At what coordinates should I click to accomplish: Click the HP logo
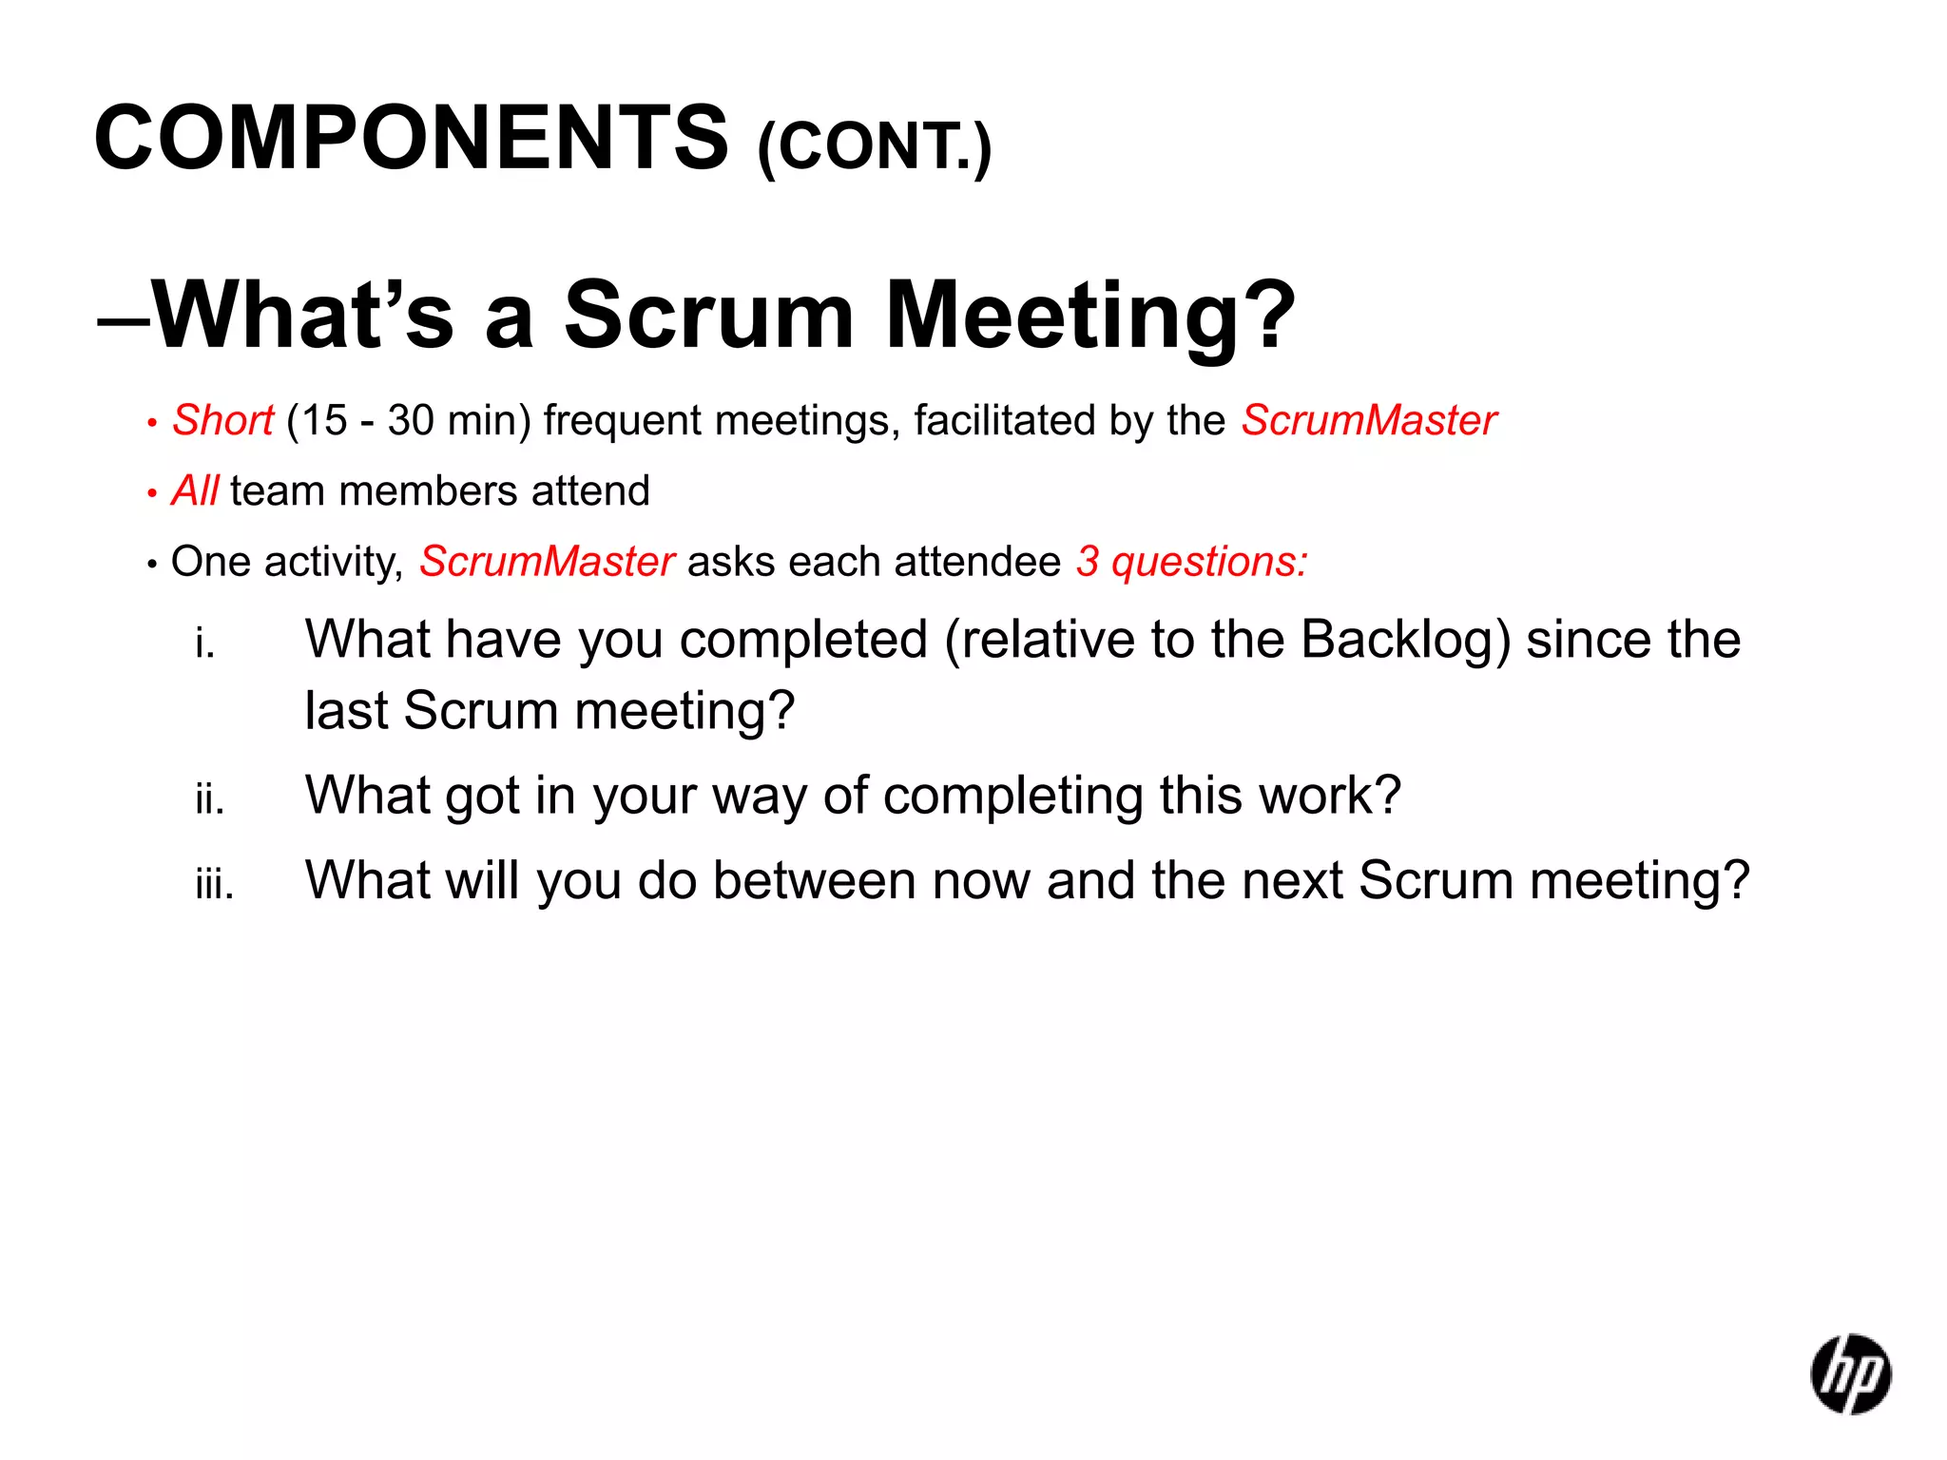tap(1850, 1374)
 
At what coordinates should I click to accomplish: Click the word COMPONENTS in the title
tap(411, 139)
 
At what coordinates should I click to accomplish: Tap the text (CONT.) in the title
tap(875, 147)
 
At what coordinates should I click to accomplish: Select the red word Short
tap(222, 420)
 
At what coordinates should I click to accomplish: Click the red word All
tap(195, 491)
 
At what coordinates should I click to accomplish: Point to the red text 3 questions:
tap(1192, 562)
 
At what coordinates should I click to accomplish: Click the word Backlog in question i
tap(1404, 640)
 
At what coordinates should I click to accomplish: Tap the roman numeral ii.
tap(209, 799)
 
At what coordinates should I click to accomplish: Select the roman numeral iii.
tap(214, 885)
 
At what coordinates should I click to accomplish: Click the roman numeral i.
tap(204, 644)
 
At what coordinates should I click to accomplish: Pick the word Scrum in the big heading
tap(708, 316)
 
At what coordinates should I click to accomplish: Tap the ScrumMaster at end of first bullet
tap(1369, 420)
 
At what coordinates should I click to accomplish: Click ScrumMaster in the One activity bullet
tap(547, 562)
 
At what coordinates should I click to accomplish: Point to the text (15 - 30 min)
tap(409, 420)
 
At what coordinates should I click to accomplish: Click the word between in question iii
tap(814, 880)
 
